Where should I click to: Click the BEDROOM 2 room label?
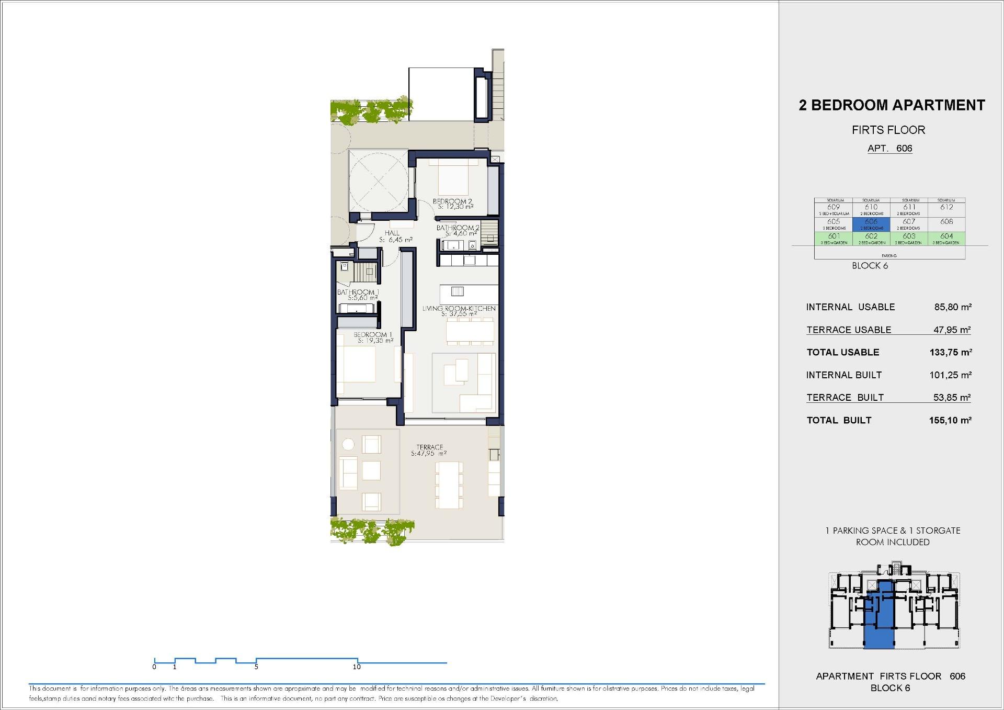pyautogui.click(x=452, y=201)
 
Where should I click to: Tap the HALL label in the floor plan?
pyautogui.click(x=392, y=233)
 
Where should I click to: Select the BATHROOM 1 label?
pyautogui.click(x=358, y=292)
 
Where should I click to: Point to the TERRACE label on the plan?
pyautogui.click(x=429, y=447)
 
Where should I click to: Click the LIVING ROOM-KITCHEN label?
pyautogui.click(x=459, y=309)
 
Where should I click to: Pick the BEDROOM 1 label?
pyautogui.click(x=370, y=335)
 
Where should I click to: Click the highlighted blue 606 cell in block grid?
pyautogui.click(x=871, y=224)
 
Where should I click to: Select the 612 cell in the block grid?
pyautogui.click(x=946, y=208)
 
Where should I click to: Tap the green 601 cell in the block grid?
pyautogui.click(x=834, y=238)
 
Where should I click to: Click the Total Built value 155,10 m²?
pyautogui.click(x=950, y=420)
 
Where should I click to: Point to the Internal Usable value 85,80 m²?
pyautogui.click(x=953, y=307)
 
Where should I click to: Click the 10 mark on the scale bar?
pyautogui.click(x=357, y=667)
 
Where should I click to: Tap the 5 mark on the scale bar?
pyautogui.click(x=256, y=667)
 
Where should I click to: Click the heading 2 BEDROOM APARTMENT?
pyautogui.click(x=892, y=105)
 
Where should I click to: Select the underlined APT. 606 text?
pyautogui.click(x=889, y=148)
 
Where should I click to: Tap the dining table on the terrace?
pyautogui.click(x=449, y=485)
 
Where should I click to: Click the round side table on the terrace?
pyautogui.click(x=348, y=445)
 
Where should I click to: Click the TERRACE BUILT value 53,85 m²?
pyautogui.click(x=952, y=398)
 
